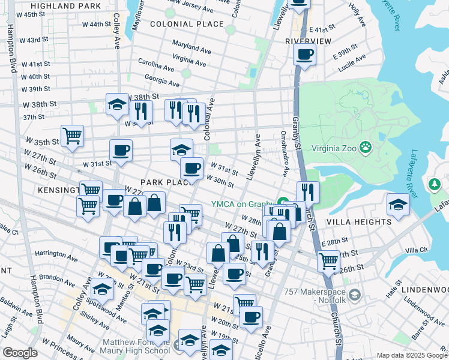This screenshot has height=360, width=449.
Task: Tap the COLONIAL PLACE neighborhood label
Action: pyautogui.click(x=187, y=24)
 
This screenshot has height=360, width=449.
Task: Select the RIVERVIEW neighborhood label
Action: pyautogui.click(x=308, y=41)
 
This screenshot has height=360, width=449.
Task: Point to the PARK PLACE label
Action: pyautogui.click(x=165, y=182)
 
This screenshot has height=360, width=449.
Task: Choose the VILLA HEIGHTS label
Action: pyautogui.click(x=358, y=222)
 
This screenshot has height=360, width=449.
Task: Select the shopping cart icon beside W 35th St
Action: pyautogui.click(x=72, y=136)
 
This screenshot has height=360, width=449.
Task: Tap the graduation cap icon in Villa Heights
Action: pyautogui.click(x=398, y=203)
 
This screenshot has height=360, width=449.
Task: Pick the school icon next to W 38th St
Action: pyautogui.click(x=118, y=104)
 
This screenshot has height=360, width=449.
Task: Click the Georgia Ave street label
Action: pyautogui.click(x=163, y=81)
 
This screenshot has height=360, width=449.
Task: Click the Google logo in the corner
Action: pyautogui.click(x=20, y=352)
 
